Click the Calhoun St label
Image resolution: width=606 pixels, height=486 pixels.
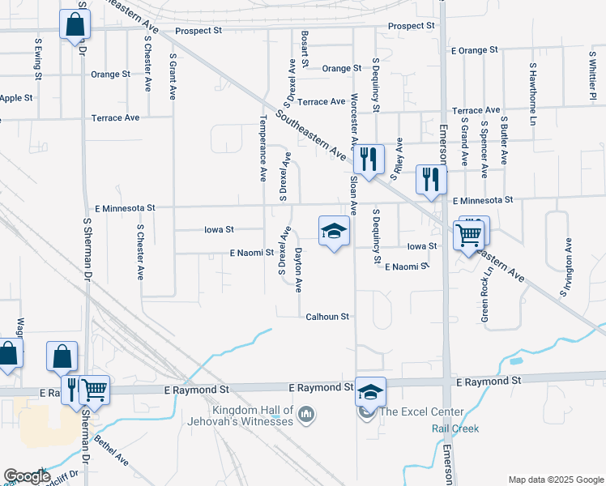tap(327, 317)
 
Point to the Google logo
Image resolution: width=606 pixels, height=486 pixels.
tap(27, 476)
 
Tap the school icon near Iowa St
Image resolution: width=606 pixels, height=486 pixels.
tap(334, 232)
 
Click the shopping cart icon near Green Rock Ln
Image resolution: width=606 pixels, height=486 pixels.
tap(471, 234)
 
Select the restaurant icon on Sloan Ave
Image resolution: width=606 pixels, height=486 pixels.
tap(368, 160)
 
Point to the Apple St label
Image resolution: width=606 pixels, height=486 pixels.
tap(16, 98)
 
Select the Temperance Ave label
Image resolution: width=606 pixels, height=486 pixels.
tap(262, 147)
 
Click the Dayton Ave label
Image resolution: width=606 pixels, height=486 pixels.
tap(298, 270)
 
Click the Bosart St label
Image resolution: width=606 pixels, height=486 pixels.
tap(305, 49)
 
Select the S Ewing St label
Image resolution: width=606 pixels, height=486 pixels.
tap(38, 58)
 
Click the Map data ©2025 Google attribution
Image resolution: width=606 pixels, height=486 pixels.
tap(554, 480)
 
